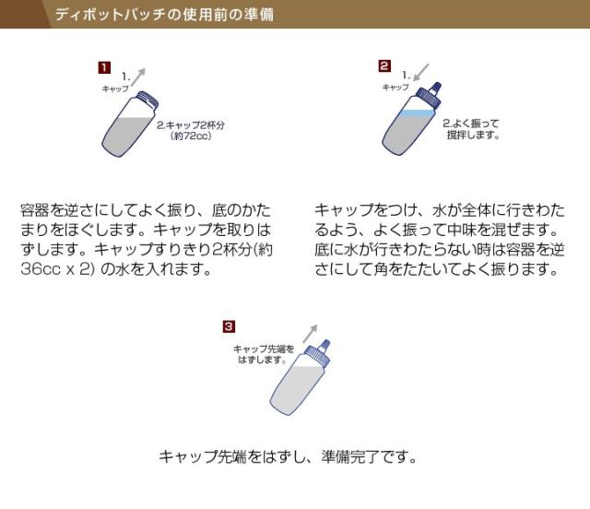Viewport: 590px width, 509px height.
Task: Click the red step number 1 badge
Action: tap(105, 67)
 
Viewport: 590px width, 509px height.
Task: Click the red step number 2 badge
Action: tap(384, 65)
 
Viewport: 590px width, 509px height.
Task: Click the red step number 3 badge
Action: tap(230, 326)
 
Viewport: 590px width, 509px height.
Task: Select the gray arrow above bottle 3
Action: tap(309, 333)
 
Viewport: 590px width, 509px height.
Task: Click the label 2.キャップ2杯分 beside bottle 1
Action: tap(192, 124)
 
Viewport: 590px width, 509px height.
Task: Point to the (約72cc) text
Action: tap(191, 135)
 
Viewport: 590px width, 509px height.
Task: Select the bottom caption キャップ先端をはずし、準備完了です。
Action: tap(289, 456)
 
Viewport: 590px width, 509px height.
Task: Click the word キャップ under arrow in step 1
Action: tap(116, 88)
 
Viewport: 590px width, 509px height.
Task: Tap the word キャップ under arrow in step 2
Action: tap(395, 86)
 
